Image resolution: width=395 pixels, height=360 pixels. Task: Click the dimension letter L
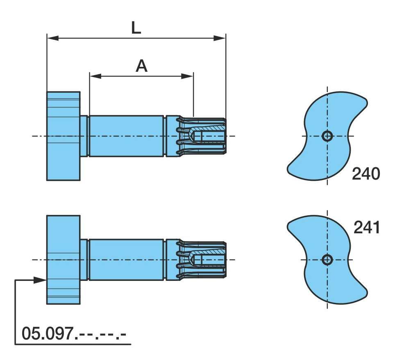tap(136, 28)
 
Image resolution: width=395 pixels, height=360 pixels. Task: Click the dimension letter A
tap(142, 66)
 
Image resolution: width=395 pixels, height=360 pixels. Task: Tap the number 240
tap(366, 174)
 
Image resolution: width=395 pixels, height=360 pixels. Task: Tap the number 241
tap(367, 228)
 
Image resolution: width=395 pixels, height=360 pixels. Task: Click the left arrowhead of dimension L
tap(53, 38)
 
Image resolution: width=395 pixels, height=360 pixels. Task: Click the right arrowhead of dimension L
tap(219, 38)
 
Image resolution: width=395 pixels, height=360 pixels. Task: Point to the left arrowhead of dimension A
tap(95, 76)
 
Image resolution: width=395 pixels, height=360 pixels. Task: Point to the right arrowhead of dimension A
tap(187, 76)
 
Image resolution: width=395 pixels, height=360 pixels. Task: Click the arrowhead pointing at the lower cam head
tap(40, 280)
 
